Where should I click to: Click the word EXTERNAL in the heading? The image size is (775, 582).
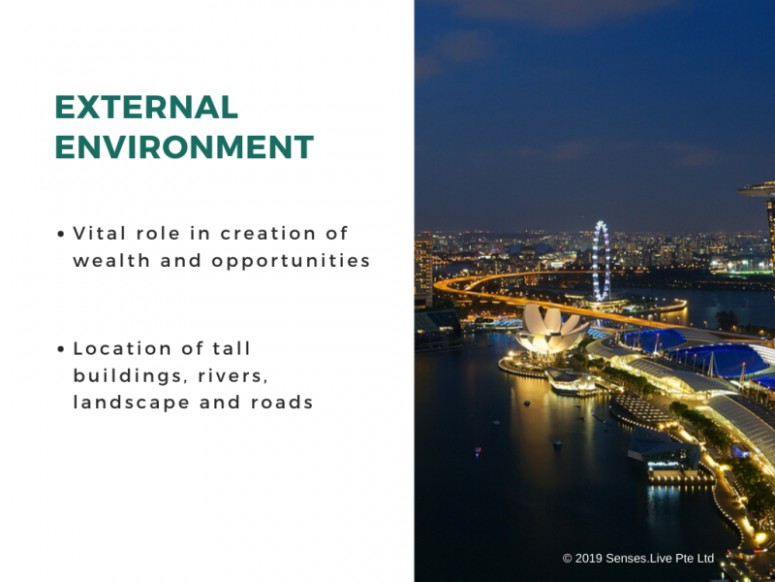tap(147, 107)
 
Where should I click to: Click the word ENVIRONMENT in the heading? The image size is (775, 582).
tap(184, 146)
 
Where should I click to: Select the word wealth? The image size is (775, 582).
tap(111, 260)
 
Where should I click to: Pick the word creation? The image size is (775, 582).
tap(268, 234)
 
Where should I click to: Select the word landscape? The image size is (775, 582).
tap(132, 404)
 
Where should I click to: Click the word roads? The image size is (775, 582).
tap(282, 403)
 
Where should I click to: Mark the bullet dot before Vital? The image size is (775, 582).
tap(61, 234)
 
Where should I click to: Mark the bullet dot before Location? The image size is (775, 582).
tap(61, 349)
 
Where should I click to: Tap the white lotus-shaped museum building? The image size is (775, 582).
tap(550, 329)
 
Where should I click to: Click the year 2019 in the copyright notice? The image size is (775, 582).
tap(589, 559)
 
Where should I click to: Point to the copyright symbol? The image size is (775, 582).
tap(568, 559)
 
